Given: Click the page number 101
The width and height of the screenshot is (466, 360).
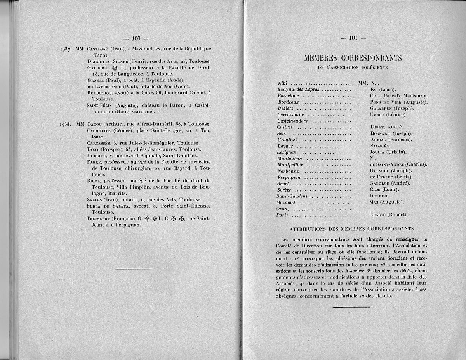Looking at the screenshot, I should (353, 38).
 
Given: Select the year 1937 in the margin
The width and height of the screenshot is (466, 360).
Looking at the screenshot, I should (66, 49).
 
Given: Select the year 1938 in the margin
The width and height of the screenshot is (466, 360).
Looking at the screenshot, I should (66, 125).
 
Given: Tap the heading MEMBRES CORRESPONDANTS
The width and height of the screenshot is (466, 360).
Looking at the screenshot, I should (353, 58).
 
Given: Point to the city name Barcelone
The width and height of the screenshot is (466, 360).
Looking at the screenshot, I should (289, 96).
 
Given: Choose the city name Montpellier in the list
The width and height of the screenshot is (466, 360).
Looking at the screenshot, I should (290, 165).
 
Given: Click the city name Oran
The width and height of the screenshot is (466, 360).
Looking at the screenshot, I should (282, 209).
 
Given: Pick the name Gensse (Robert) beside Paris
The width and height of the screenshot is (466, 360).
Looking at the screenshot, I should (388, 214).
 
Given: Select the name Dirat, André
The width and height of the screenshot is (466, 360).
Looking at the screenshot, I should (387, 127).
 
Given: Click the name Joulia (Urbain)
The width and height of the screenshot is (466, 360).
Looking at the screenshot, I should (388, 152).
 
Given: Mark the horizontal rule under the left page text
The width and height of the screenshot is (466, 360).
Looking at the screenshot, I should (134, 269).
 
